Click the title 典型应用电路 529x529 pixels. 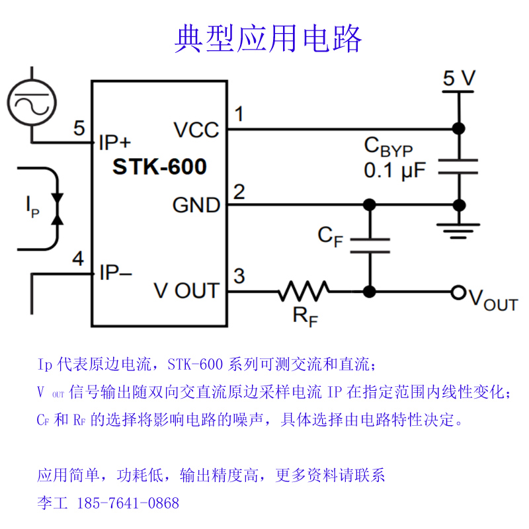(x=268, y=39)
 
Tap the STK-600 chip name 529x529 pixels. (x=159, y=166)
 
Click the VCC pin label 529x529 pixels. (x=196, y=130)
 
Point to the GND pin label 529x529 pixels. (x=196, y=205)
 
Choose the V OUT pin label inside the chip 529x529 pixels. (x=186, y=290)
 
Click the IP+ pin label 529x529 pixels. (x=115, y=142)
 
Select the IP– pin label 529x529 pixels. (x=115, y=272)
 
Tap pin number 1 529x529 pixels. (x=239, y=114)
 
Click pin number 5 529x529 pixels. (x=79, y=128)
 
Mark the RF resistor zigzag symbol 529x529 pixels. (x=304, y=291)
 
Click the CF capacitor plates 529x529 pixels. (x=370, y=245)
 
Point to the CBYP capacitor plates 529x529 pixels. (x=457, y=167)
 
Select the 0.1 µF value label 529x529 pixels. (x=395, y=171)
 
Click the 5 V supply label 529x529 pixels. (x=459, y=79)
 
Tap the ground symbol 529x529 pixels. (x=457, y=229)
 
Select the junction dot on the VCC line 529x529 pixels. (x=457, y=128)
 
